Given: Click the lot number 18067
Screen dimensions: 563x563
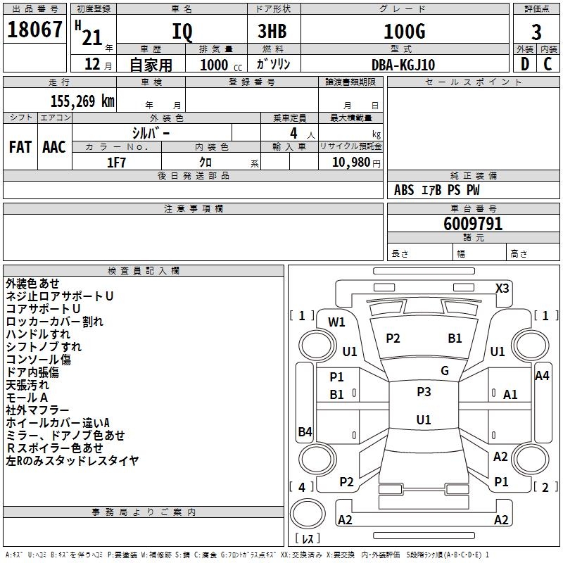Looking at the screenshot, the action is (x=34, y=30).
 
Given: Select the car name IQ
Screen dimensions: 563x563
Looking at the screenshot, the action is (x=182, y=32).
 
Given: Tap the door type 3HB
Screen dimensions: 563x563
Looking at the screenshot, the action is (x=272, y=31).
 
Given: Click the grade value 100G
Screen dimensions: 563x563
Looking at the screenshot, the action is (x=405, y=31).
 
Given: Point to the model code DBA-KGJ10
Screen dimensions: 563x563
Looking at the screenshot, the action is (x=403, y=65).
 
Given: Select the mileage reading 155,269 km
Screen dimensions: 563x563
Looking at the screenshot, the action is (x=82, y=101).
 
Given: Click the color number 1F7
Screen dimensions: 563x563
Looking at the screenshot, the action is (x=116, y=163).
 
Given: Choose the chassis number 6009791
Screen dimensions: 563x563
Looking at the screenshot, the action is (x=473, y=224).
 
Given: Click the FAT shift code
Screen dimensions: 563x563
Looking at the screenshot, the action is (x=20, y=147).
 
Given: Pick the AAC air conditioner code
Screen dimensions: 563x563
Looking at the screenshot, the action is (x=54, y=147).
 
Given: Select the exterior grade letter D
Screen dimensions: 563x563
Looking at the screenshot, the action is (x=525, y=64).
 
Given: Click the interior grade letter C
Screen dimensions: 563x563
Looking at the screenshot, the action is (x=548, y=64).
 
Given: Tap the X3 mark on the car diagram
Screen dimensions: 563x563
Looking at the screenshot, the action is (x=502, y=289).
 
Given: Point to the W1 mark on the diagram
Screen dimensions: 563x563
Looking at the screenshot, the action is (x=336, y=322).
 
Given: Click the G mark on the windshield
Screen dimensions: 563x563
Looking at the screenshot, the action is (x=445, y=371).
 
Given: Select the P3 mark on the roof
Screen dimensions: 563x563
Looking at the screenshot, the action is (x=424, y=392).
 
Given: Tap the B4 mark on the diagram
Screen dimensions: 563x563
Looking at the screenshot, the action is (x=305, y=431).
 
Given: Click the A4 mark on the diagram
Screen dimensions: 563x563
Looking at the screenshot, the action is (x=542, y=376).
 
